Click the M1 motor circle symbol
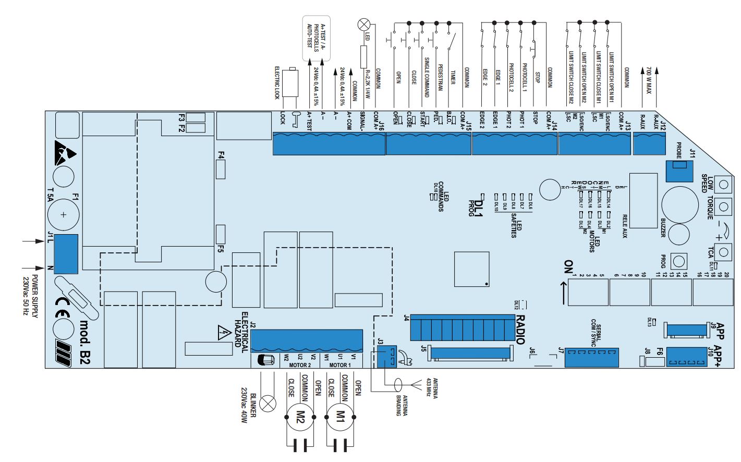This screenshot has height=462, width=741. click(x=339, y=416)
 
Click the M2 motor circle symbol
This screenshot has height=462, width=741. click(x=300, y=416)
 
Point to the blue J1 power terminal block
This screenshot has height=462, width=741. click(x=66, y=253)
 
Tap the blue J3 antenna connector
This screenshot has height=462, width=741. click(x=386, y=356)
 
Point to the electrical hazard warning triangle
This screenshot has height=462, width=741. click(x=223, y=332)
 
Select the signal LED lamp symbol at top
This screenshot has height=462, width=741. click(x=363, y=25)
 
